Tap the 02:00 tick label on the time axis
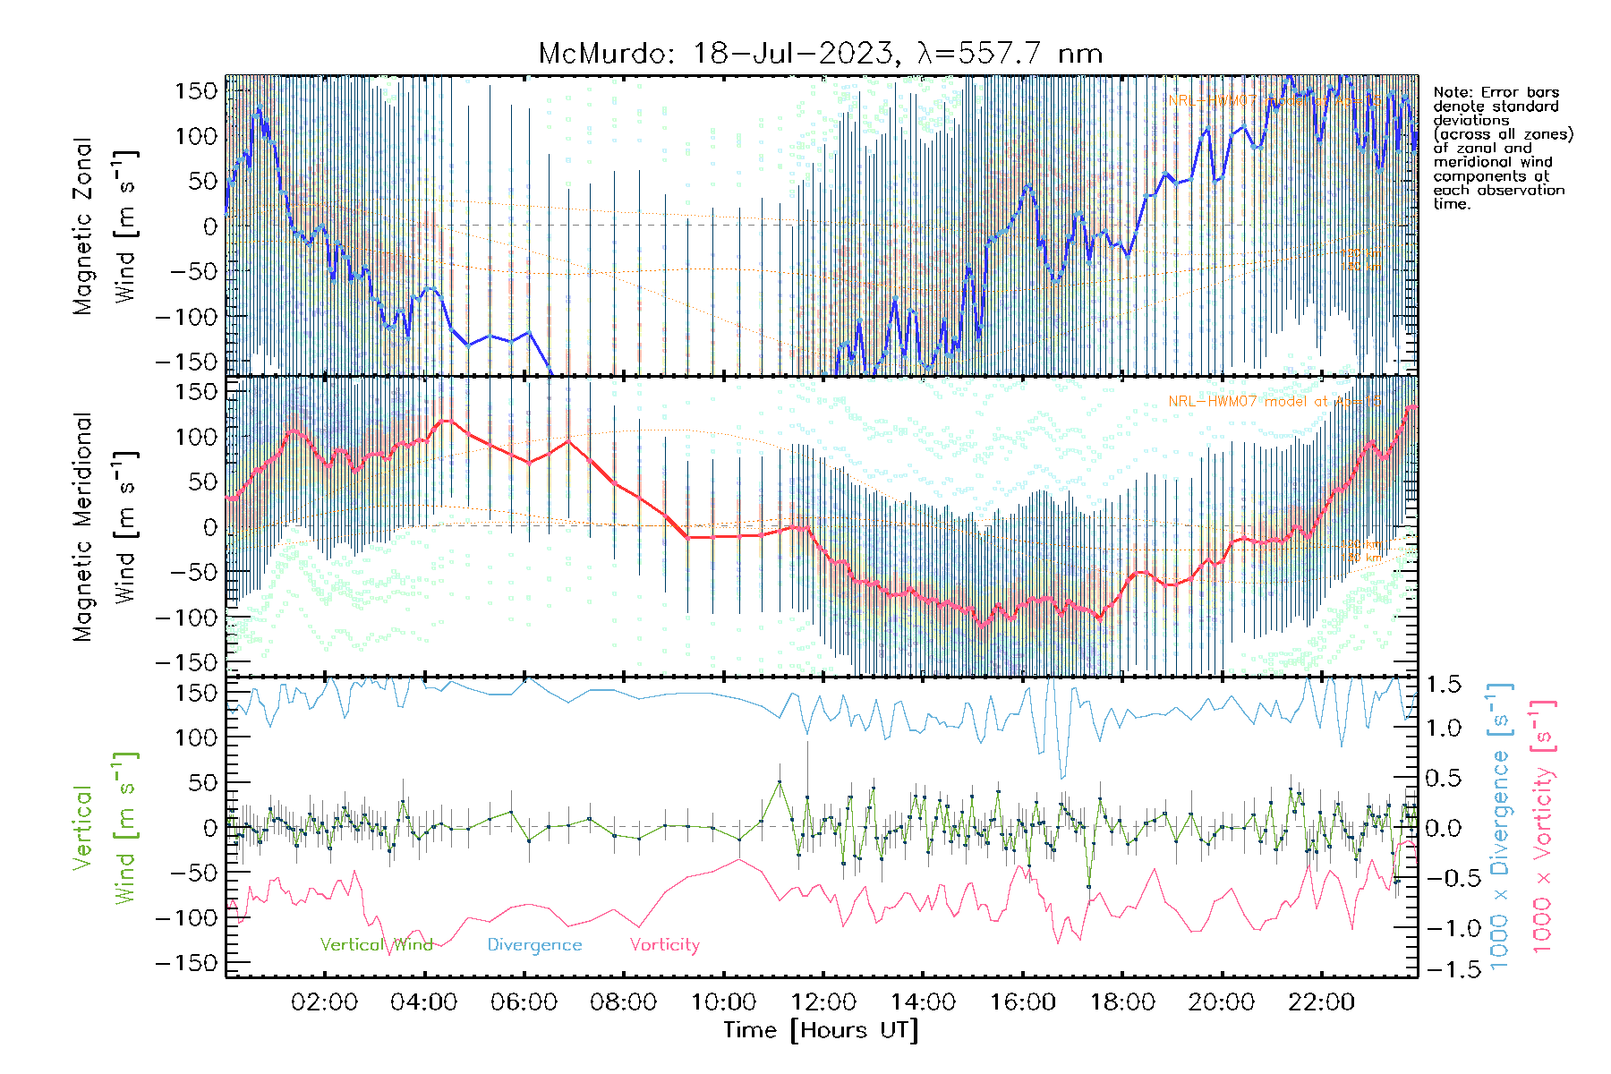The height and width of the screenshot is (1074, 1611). tap(324, 1002)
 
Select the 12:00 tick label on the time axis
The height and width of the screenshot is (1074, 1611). tap(823, 1002)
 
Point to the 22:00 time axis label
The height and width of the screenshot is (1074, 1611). tap(1321, 1002)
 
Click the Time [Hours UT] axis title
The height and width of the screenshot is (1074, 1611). tap(821, 1031)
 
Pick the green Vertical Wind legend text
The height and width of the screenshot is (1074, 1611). tap(376, 945)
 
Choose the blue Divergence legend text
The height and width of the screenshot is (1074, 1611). tap(534, 945)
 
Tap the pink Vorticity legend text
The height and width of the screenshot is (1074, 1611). tap(664, 945)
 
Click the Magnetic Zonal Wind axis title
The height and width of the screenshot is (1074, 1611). tap(105, 226)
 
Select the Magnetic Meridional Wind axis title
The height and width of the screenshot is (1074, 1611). tap(105, 527)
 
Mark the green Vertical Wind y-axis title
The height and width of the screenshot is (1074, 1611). tap(105, 828)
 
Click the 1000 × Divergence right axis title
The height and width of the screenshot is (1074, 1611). tap(1500, 828)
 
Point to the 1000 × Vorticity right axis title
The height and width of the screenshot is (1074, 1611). tap(1543, 828)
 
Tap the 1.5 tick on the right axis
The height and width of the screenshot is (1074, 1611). tap(1444, 685)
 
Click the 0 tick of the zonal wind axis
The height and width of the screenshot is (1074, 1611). tap(210, 226)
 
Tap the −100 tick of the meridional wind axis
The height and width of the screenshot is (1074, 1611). tap(187, 618)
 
